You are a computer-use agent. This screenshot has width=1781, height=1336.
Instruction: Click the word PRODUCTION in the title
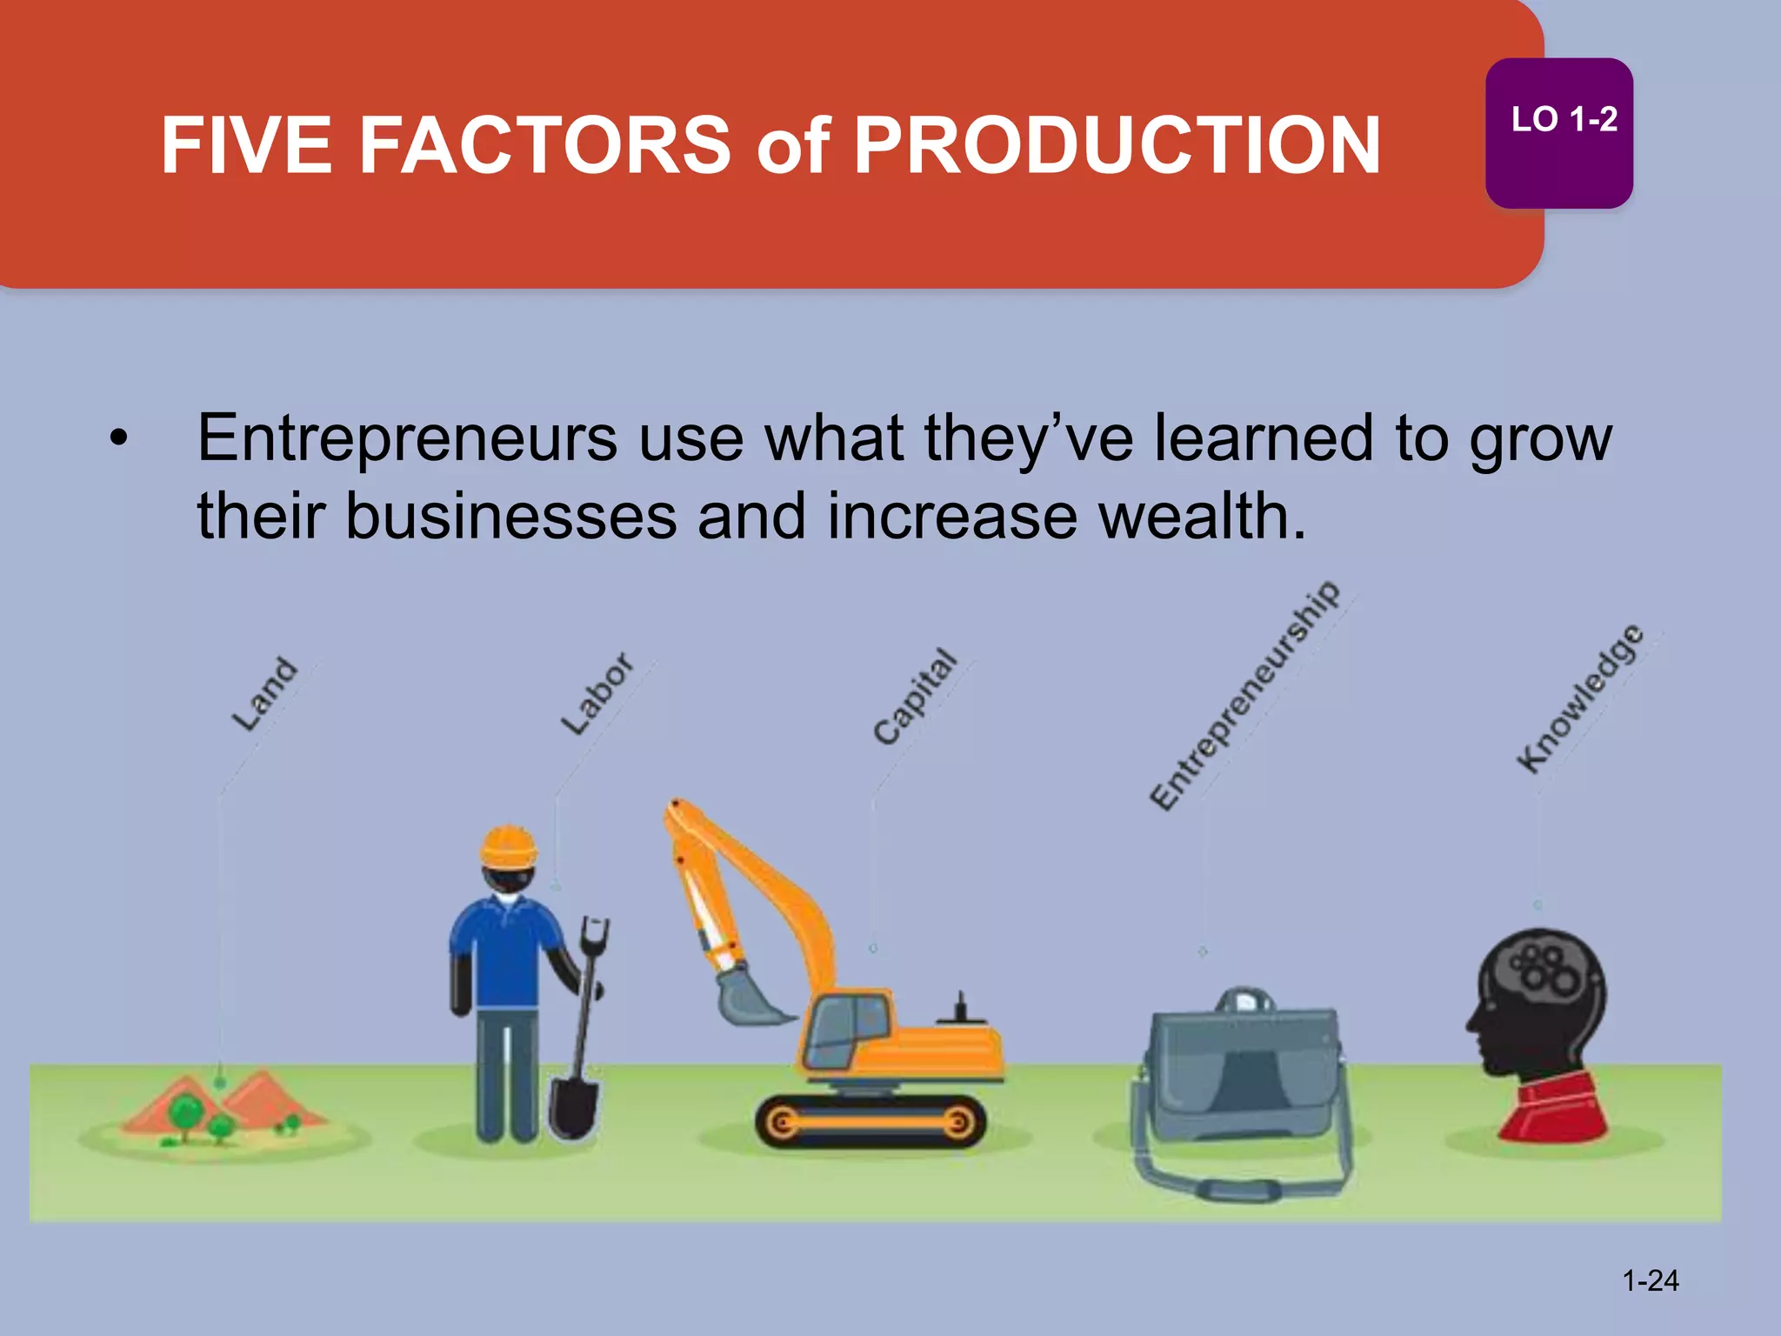(x=1117, y=145)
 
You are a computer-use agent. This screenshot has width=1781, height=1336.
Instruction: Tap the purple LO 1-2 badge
(x=1558, y=132)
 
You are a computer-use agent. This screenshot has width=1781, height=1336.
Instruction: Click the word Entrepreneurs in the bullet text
(x=407, y=438)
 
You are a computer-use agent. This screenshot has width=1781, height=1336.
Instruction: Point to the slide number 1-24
(x=1650, y=1280)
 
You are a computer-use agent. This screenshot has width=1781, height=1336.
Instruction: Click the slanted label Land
(x=264, y=694)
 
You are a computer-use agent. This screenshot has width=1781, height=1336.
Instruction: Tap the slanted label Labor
(x=597, y=693)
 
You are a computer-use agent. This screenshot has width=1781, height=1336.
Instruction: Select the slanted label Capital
(x=914, y=697)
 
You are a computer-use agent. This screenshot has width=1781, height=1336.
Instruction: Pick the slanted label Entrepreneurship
(x=1244, y=695)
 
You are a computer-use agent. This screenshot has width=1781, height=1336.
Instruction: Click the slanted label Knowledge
(x=1580, y=698)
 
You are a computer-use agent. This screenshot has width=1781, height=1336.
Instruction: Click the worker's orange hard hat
(x=510, y=845)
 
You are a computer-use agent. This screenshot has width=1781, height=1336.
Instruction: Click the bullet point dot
(x=118, y=438)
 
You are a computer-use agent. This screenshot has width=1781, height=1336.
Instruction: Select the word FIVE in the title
(x=246, y=145)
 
